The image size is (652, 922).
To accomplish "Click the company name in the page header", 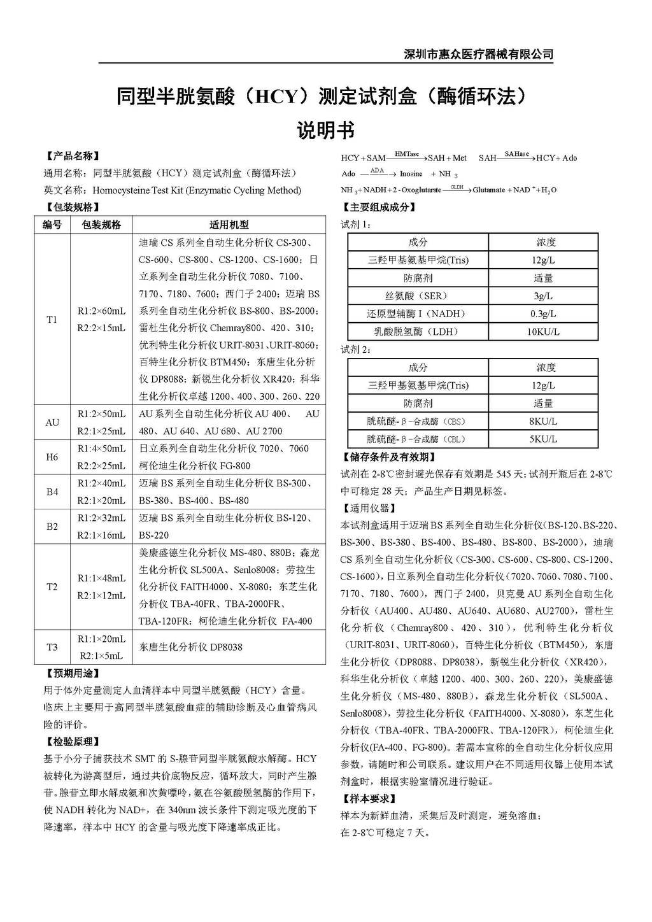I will tap(478, 54).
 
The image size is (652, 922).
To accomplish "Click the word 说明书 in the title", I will tap(325, 131).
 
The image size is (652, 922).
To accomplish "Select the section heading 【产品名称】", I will tap(73, 156).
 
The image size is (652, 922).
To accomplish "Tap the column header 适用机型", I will tap(229, 225).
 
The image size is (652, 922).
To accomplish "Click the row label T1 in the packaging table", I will tap(52, 319).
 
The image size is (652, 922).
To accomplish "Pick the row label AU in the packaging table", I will tap(52, 422).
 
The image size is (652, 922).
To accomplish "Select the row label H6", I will tap(52, 457).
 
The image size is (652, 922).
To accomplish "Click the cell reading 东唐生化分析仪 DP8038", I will tap(191, 647).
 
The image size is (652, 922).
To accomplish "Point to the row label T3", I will tap(52, 647).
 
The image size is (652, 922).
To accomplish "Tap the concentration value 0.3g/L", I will tap(543, 314).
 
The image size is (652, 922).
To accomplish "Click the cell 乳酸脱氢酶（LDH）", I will tap(418, 332).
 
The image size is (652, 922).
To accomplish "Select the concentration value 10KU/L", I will tap(543, 332).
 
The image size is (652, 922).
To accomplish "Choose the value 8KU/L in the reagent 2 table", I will tap(543, 422).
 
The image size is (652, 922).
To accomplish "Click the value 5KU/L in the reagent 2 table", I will tap(543, 439).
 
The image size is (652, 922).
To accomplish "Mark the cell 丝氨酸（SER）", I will tap(418, 296).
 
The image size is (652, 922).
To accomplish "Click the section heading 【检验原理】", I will tap(73, 742).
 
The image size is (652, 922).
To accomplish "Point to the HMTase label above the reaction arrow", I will tap(406, 154).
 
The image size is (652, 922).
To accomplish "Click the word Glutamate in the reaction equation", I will tap(488, 190).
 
